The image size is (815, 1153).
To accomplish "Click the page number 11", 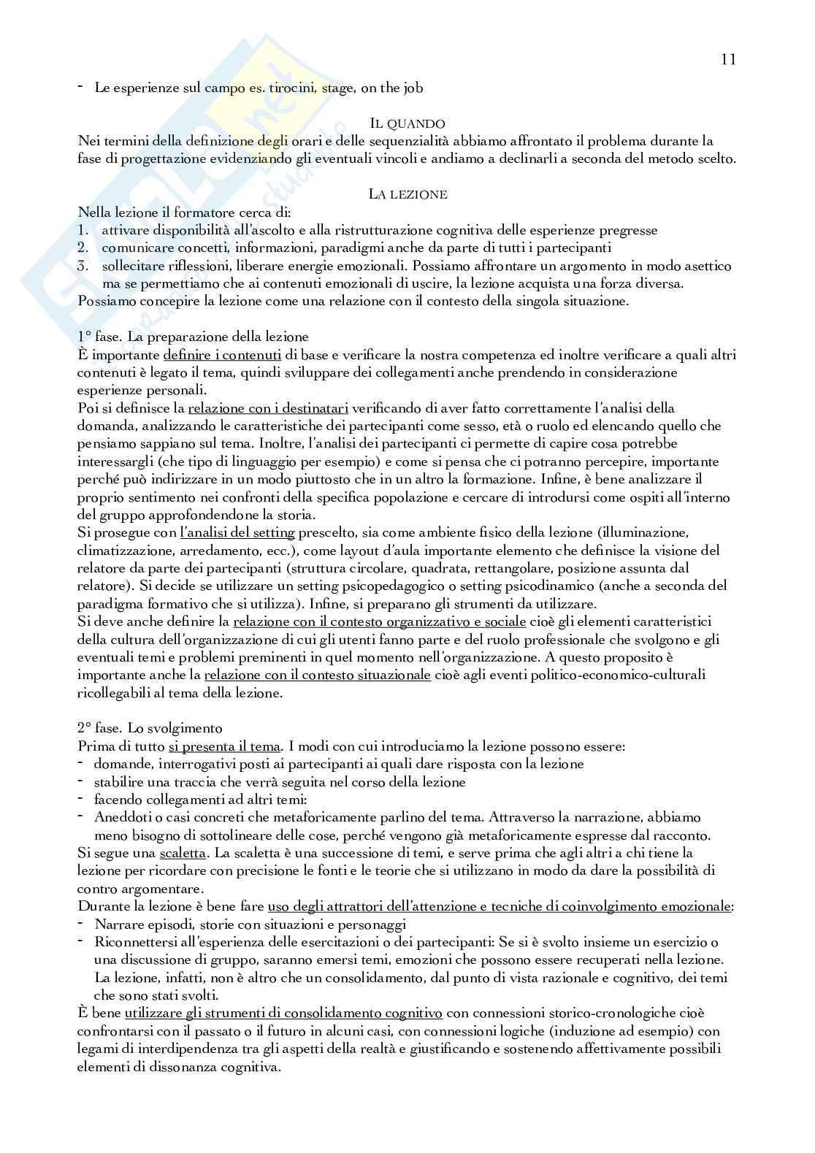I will click(x=727, y=60).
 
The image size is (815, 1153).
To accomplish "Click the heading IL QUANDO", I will click(x=407, y=123).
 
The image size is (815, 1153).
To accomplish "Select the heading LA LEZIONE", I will click(x=407, y=194).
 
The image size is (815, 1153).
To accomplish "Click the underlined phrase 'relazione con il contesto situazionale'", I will click(x=318, y=675).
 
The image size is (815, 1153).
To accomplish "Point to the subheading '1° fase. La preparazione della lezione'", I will click(x=193, y=337).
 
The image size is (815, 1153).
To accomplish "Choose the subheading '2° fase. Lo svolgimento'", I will click(x=150, y=728).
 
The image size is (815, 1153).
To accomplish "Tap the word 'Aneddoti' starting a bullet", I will click(x=121, y=817).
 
